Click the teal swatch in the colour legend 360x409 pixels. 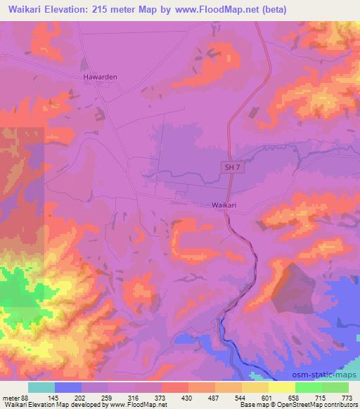click(41, 388)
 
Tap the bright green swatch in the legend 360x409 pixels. click(309, 388)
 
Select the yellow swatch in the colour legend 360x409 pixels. click(282, 388)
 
